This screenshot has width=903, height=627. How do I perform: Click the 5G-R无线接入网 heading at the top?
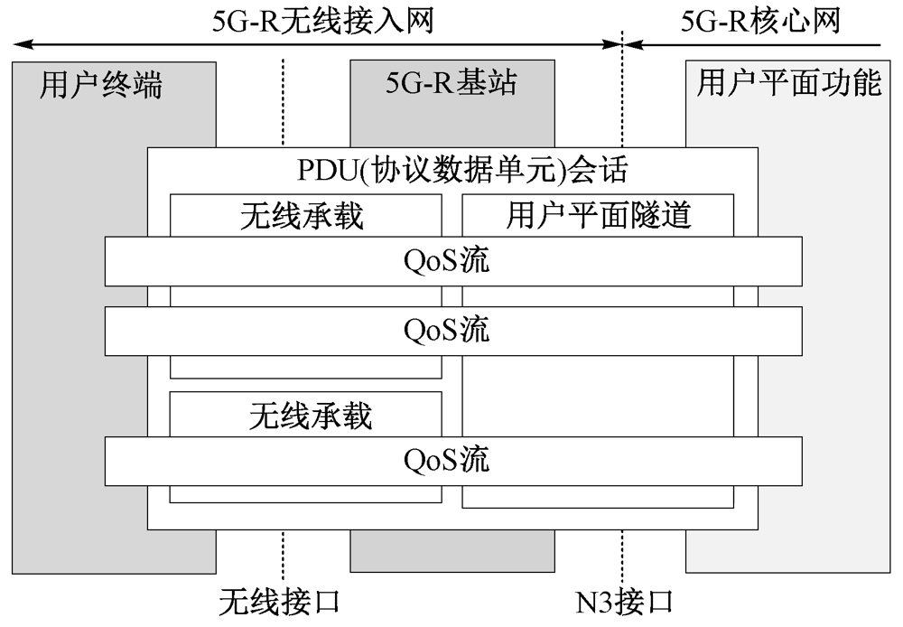pyautogui.click(x=322, y=22)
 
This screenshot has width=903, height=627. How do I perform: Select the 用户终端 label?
pyautogui.click(x=101, y=85)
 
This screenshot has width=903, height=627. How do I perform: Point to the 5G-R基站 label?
pyautogui.click(x=451, y=82)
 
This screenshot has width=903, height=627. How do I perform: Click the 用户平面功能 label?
pyautogui.click(x=789, y=82)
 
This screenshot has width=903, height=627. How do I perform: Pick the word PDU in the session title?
pyautogui.click(x=327, y=170)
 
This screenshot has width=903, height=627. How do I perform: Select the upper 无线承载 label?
pyautogui.click(x=302, y=216)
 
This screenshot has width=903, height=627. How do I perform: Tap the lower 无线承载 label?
pyautogui.click(x=311, y=416)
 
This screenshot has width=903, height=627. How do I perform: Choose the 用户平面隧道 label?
pyautogui.click(x=599, y=216)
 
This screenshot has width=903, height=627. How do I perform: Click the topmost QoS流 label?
pyautogui.click(x=446, y=260)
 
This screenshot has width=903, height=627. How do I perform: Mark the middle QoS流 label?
pyautogui.click(x=446, y=330)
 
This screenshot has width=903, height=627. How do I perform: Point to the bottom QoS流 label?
pyautogui.click(x=446, y=460)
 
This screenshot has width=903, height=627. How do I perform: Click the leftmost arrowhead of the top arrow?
pyautogui.click(x=22, y=44)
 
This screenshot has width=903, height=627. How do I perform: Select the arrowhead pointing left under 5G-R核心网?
pyautogui.click(x=634, y=44)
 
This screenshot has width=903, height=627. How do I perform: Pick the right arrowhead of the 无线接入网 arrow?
pyautogui.click(x=611, y=44)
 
